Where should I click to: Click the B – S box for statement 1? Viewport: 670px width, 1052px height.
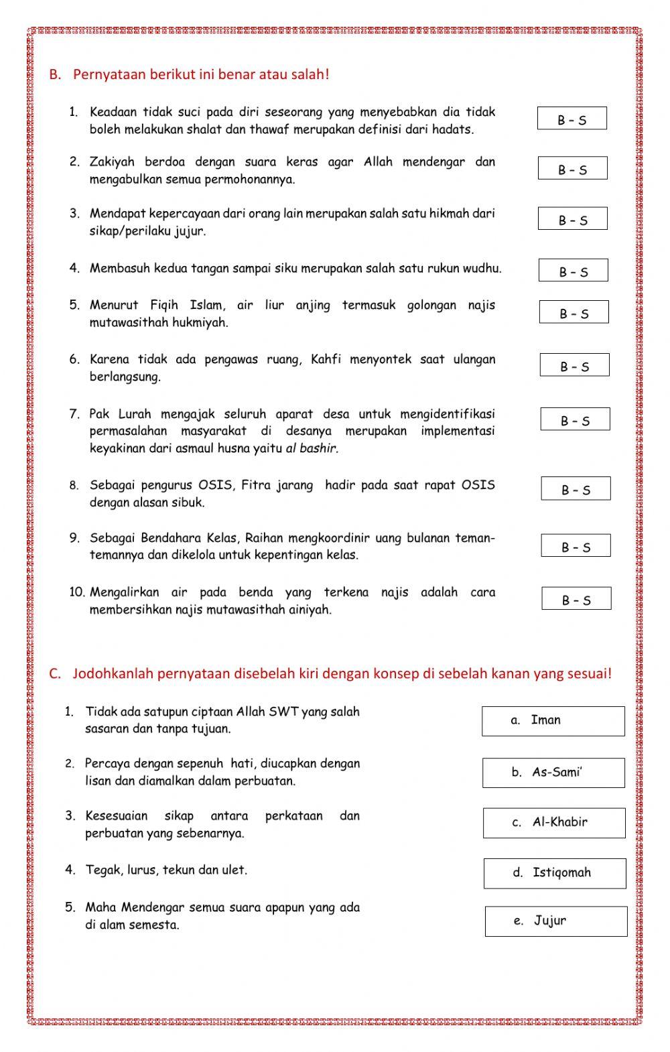pos(572,119)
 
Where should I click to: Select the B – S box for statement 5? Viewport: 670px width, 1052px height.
pos(574,312)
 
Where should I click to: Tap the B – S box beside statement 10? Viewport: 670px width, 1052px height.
pos(576,599)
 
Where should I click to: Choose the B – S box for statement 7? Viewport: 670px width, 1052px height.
pos(575,420)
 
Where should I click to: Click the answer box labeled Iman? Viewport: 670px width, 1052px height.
pos(553,721)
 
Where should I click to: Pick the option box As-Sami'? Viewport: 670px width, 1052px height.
pos(553,773)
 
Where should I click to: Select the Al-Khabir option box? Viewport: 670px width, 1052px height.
pos(554,823)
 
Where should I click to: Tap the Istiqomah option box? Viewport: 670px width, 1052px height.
pos(555,873)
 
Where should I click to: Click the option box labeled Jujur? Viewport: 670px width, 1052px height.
pos(555,921)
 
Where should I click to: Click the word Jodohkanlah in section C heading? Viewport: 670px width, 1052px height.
pos(107,673)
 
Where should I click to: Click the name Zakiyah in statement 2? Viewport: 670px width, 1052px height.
pos(112,162)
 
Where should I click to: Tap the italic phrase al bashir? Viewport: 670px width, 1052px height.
pos(312,449)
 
